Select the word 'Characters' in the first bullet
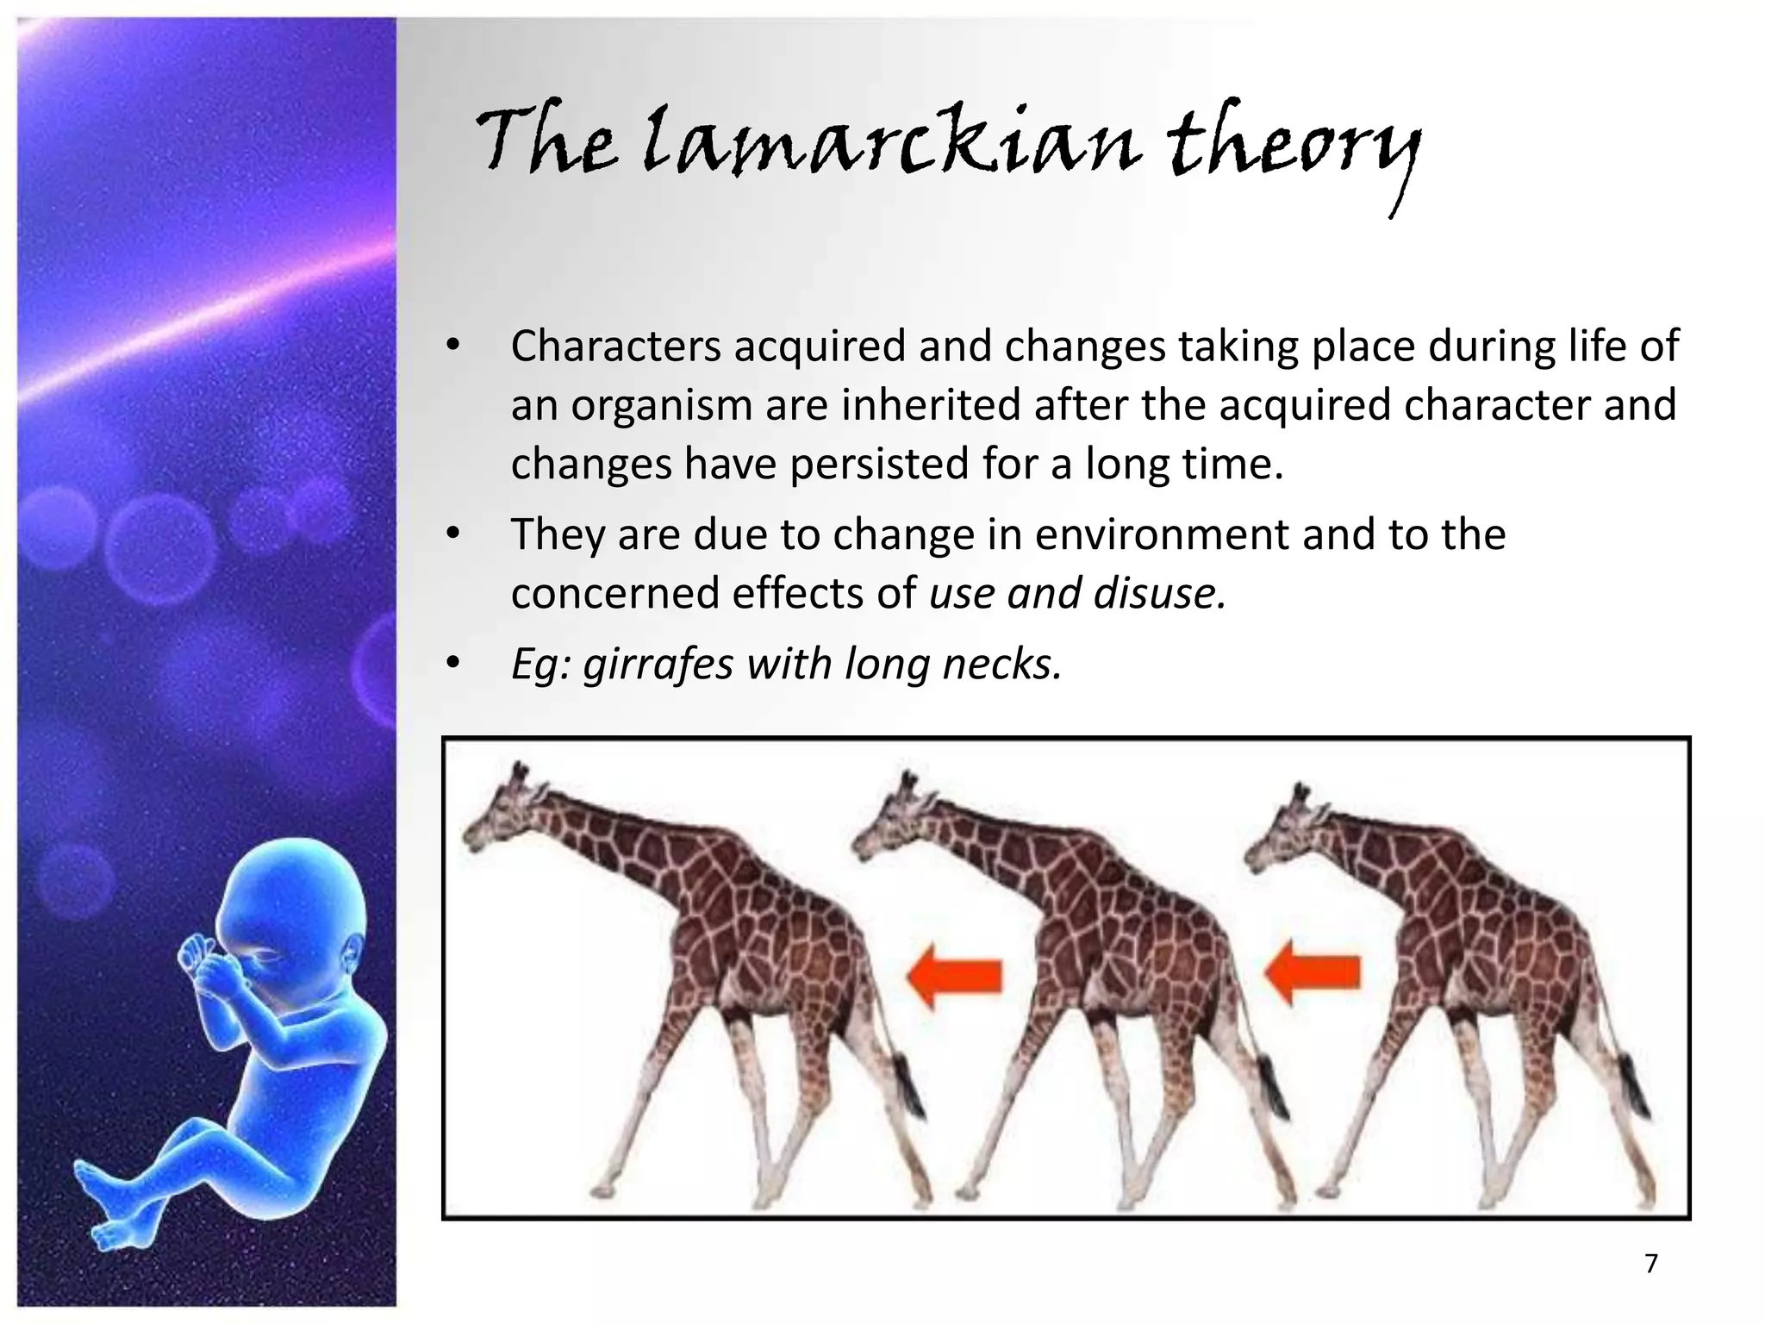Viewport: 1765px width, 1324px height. coord(615,347)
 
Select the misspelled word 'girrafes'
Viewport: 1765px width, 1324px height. coord(658,664)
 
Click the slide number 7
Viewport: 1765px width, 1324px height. coord(1650,1264)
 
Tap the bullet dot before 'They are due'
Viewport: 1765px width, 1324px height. coord(453,535)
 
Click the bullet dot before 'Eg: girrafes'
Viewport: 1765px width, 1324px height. coord(453,665)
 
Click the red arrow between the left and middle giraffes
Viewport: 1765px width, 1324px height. coord(954,975)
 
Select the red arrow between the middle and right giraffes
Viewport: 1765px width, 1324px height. coord(1312,972)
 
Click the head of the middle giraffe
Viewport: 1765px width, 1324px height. coord(888,819)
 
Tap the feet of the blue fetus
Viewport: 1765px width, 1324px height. coord(108,1207)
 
